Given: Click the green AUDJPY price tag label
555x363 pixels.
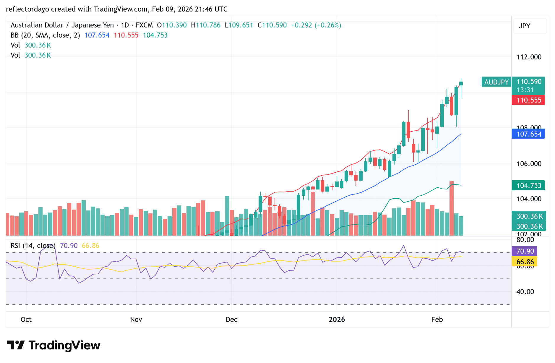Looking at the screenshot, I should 496,82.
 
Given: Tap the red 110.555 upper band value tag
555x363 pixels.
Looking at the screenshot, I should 528,100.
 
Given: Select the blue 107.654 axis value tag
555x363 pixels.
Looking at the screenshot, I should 528,134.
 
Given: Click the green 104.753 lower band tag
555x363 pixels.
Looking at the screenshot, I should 528,186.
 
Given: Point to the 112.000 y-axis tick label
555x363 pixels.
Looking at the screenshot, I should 529,57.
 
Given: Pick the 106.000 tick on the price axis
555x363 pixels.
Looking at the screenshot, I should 529,164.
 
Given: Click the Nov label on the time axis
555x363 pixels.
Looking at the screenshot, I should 136,320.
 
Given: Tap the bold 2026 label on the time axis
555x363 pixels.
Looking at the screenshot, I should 337,320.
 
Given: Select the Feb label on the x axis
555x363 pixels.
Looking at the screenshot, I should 437,320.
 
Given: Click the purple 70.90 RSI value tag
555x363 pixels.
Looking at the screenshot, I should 525,251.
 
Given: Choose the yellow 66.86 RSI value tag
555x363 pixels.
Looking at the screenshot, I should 525,262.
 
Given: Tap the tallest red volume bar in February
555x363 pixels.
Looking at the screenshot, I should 451,208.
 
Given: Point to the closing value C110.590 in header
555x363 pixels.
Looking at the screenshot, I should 272,25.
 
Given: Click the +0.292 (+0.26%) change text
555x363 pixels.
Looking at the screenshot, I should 316,25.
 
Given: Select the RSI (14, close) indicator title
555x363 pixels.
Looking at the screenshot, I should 33,246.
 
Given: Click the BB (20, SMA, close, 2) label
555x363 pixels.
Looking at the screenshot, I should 45,35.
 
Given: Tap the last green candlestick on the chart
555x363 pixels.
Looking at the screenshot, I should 461,84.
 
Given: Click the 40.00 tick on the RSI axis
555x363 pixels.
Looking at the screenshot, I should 525,292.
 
